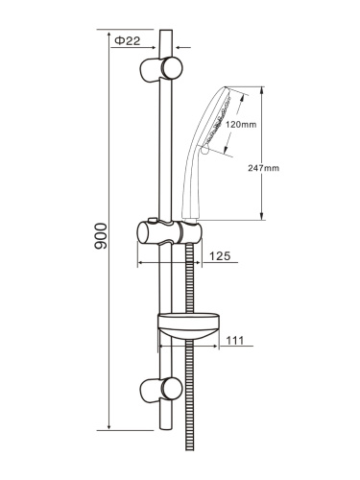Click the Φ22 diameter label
[x=128, y=40]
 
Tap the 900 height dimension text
[x=101, y=236]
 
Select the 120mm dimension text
[x=241, y=125]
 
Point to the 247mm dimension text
[x=263, y=168]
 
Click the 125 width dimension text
[x=220, y=255]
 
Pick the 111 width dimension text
[x=235, y=340]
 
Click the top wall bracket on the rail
[x=161, y=69]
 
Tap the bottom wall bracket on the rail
[x=161, y=389]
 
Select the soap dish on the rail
[x=188, y=324]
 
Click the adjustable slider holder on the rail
[x=169, y=232]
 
